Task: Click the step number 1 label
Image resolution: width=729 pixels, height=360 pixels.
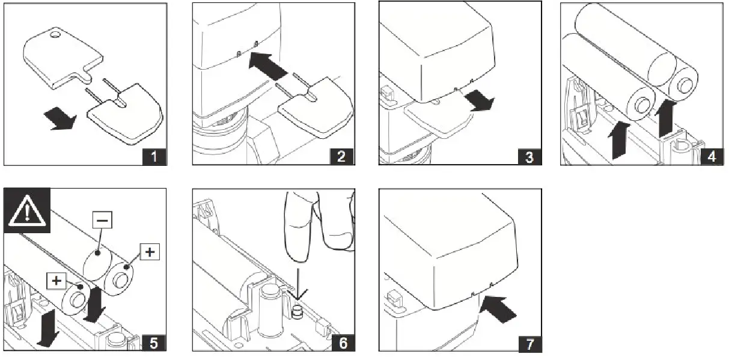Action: (x=154, y=157)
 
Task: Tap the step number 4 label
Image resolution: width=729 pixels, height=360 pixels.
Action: (x=712, y=157)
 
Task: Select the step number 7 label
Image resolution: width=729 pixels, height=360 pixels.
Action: (x=529, y=344)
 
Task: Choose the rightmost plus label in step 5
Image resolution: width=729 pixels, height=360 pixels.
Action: (x=148, y=252)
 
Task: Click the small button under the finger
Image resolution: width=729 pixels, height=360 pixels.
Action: (x=296, y=313)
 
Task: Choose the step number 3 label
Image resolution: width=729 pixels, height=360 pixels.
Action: (x=529, y=157)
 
